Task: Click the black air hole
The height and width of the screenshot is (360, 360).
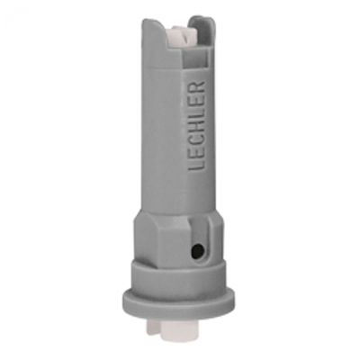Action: tap(197, 248)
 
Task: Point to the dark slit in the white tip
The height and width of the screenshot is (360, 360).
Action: tap(186, 38)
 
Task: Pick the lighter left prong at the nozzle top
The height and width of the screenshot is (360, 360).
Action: tap(153, 39)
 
